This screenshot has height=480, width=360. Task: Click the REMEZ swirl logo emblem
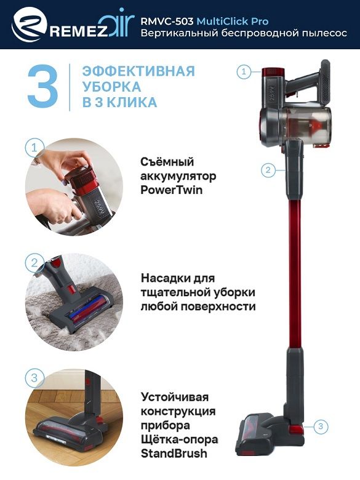[29, 24]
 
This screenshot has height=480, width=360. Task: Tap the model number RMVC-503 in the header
[167, 21]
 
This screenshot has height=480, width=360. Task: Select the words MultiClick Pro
[233, 21]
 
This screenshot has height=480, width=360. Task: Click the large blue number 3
[42, 86]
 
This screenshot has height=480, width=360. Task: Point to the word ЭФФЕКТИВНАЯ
[138, 71]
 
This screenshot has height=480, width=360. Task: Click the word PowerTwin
[172, 190]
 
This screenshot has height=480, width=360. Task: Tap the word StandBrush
[174, 454]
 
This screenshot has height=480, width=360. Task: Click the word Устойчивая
[175, 397]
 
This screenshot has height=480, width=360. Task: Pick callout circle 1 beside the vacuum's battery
[244, 72]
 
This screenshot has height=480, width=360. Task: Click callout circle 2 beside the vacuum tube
[268, 170]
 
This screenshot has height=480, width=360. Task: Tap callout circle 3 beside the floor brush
[321, 426]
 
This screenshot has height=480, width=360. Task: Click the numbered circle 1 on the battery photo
[34, 148]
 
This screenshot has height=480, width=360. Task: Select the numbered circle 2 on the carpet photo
[34, 263]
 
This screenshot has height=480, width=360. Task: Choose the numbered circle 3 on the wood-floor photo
[34, 377]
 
